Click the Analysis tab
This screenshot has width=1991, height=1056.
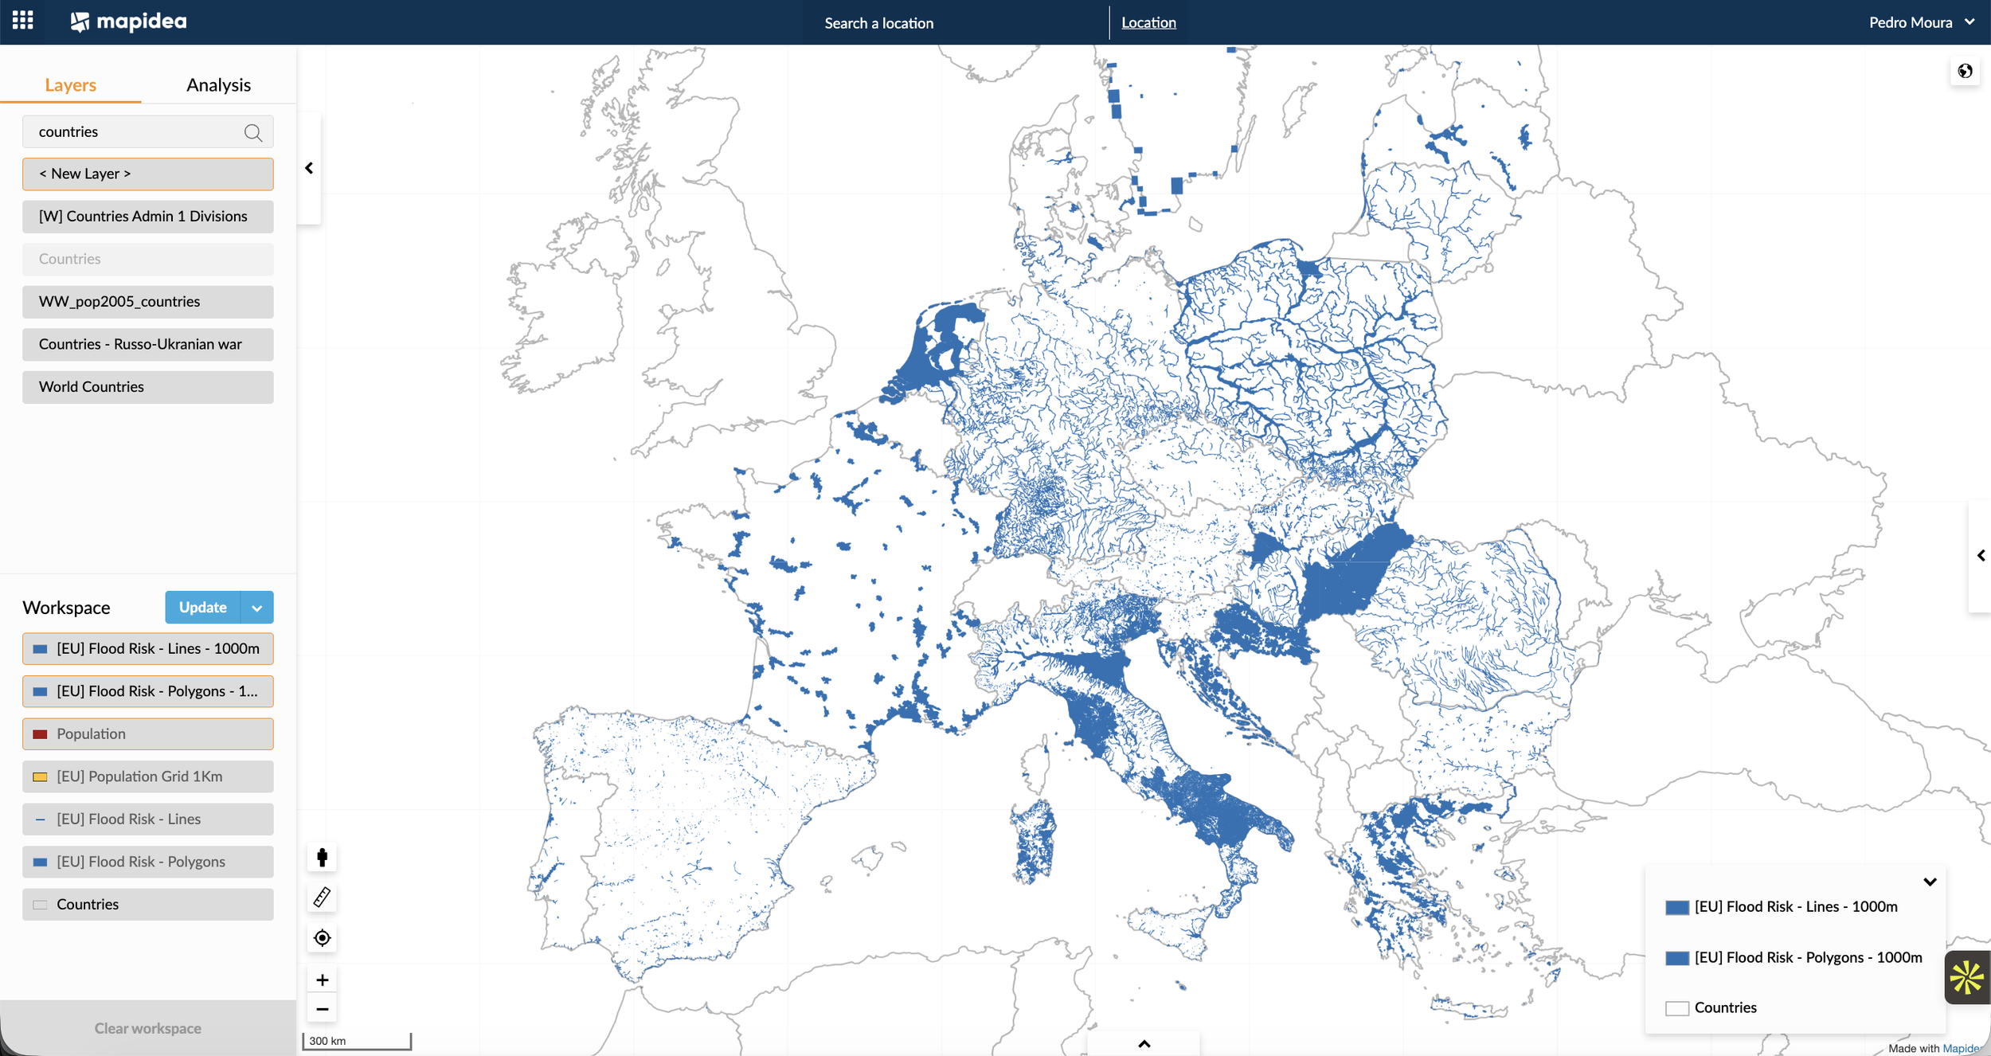[x=218, y=85]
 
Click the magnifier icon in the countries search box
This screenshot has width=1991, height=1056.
[x=253, y=132]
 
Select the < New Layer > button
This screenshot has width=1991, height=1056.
[x=148, y=174]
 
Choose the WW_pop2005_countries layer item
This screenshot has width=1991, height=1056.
[x=148, y=302]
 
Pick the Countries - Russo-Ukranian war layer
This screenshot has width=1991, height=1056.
[x=148, y=344]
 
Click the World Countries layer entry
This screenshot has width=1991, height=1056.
[x=148, y=387]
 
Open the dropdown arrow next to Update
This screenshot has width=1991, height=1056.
[x=256, y=608]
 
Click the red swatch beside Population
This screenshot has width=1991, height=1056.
[x=40, y=734]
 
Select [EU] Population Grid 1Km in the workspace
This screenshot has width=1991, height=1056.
[x=148, y=776]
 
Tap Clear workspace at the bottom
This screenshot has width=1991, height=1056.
[x=148, y=1028]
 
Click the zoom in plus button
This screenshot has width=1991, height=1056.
[x=323, y=980]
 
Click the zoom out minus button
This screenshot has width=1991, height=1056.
[x=323, y=1009]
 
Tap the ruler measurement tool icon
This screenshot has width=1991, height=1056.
[x=323, y=898]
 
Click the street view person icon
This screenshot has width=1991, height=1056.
[x=323, y=858]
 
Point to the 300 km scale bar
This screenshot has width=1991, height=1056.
[x=356, y=1041]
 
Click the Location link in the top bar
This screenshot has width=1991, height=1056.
[x=1148, y=23]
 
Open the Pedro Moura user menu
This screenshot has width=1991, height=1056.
[x=1920, y=22]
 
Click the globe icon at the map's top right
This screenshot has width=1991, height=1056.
[x=1965, y=72]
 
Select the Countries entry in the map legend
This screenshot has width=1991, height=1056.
[x=1724, y=1007]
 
